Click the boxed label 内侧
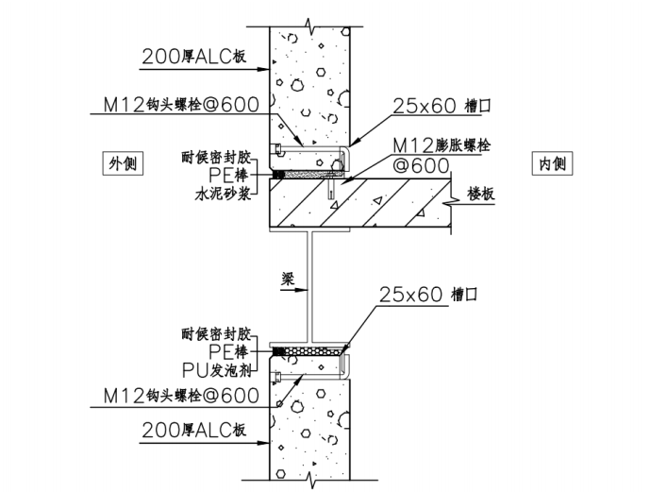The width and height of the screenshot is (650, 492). pos(552,163)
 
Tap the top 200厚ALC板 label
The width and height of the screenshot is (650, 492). pos(193,57)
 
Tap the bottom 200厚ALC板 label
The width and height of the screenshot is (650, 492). pos(193,431)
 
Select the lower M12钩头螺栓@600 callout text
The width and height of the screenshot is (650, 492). pos(178,396)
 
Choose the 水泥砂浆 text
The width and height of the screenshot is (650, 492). pos(224,195)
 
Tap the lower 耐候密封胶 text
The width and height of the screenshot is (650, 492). pos(219,333)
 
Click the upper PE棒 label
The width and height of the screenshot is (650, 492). pos(232,176)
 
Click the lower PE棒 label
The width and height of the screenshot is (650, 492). pos(232,350)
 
